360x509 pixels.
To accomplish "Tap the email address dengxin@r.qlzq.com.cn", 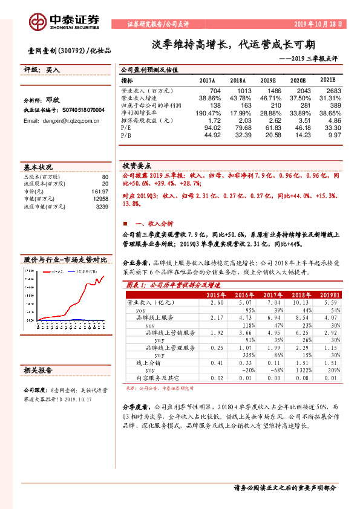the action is pyautogui.click(x=62, y=121).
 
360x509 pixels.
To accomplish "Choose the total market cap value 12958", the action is pyautogui.click(x=100, y=199).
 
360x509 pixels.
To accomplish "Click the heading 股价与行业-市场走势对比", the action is pyautogui.click(x=65, y=259).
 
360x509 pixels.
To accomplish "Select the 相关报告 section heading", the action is pyautogui.click(x=38, y=369).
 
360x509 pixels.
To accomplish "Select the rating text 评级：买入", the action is pyautogui.click(x=42, y=71).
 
